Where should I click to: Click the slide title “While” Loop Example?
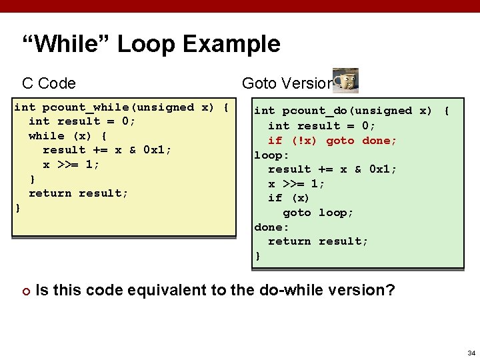coord(151,45)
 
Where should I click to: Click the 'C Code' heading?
coord(49,83)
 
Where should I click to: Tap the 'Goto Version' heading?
coord(287,83)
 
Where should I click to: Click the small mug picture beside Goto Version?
coord(345,81)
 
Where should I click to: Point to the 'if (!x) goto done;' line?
coord(332,140)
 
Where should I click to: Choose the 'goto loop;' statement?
coord(318,213)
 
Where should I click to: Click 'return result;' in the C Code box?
coord(78,193)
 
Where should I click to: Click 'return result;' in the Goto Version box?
coord(318,241)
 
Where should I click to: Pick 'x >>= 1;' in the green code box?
coord(297,184)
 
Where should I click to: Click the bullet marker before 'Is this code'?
coord(25,291)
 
